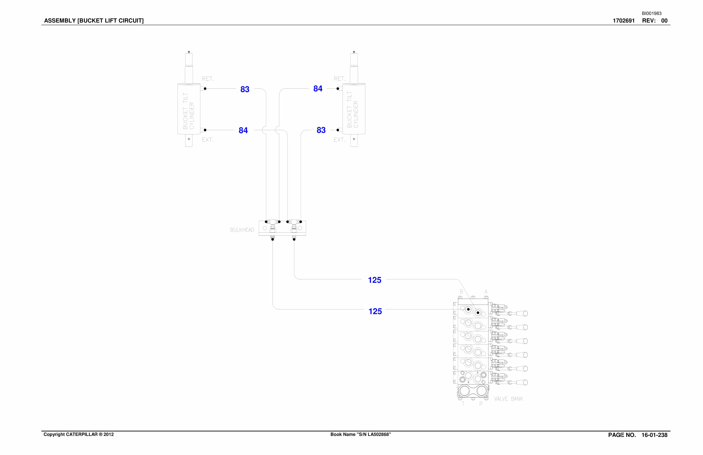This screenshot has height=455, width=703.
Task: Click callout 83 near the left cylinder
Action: (x=245, y=89)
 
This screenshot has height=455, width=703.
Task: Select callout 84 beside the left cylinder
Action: (x=243, y=130)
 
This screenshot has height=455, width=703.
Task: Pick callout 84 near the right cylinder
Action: (x=318, y=89)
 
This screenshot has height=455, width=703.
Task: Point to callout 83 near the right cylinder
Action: (x=321, y=130)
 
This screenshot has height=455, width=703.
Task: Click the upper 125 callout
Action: (x=374, y=280)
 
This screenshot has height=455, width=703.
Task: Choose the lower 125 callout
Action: (x=375, y=311)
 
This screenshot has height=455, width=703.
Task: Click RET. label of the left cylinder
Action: (x=208, y=79)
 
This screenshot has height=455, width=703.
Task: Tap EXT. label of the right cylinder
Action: (x=339, y=140)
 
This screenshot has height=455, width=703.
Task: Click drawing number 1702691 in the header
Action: (x=624, y=21)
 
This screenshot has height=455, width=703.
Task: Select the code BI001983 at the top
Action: (x=652, y=13)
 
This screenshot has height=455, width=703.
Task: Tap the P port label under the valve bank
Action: (x=481, y=404)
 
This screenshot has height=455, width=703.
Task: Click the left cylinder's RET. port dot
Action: (x=205, y=89)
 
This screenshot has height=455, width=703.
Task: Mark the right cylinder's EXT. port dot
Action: (x=338, y=130)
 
